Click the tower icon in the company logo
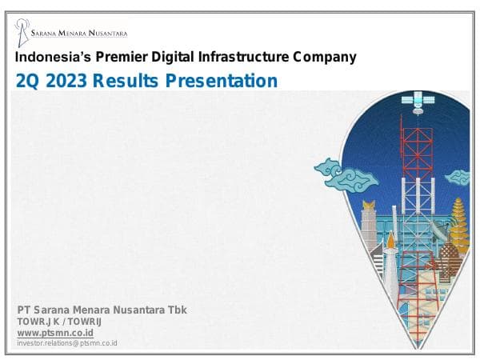22,31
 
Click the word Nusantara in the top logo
107,34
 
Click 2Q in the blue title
28,81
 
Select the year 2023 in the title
66,81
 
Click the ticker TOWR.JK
36,322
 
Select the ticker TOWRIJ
82,322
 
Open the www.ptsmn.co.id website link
55,332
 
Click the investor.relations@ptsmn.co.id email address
67,342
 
